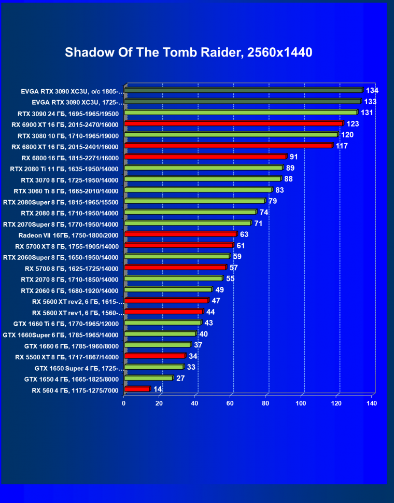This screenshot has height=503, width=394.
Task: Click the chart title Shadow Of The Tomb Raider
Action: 188,52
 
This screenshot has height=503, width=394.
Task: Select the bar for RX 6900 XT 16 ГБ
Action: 233,123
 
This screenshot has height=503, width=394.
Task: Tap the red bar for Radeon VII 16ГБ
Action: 180,234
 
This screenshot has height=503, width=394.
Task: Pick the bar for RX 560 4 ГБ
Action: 137,389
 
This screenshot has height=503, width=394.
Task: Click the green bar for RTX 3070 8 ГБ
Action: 202,179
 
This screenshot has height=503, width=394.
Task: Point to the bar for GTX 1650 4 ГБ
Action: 148,378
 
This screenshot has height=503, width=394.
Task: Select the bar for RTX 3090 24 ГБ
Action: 241,113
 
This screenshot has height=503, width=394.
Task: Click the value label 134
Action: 372,91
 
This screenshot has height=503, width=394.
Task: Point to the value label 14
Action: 158,389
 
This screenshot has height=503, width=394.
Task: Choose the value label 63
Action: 245,234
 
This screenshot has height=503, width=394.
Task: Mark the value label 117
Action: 342,146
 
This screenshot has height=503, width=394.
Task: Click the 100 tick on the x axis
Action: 302,402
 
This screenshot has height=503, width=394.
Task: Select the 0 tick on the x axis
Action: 124,402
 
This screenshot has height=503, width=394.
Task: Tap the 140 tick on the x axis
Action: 371,402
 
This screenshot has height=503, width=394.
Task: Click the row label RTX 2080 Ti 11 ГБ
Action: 64,169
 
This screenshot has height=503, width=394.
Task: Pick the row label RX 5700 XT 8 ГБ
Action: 67,246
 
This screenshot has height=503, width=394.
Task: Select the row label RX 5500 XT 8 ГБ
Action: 67,357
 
